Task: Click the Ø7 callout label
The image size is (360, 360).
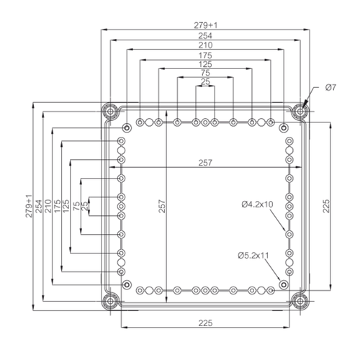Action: (x=330, y=87)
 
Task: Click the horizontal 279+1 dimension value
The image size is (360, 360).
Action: (x=206, y=25)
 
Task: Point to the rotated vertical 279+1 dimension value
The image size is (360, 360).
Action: (x=30, y=206)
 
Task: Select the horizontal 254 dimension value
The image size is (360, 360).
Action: (x=206, y=35)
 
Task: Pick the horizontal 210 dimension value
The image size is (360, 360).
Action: (x=206, y=45)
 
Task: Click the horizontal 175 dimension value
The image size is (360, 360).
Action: (x=206, y=55)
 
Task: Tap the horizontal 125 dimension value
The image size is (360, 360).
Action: (x=206, y=65)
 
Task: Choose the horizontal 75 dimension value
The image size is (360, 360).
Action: (x=206, y=73)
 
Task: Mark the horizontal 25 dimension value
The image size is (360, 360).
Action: (x=206, y=83)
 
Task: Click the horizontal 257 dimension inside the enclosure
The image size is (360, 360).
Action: (x=204, y=163)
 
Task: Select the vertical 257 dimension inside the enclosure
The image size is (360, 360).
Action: (x=162, y=206)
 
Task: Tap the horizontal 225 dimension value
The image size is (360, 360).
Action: (x=205, y=323)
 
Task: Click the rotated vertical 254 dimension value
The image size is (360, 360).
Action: (x=40, y=206)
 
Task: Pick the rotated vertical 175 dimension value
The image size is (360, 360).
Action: (x=58, y=206)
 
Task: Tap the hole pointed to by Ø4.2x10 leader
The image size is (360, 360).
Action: (x=289, y=234)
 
